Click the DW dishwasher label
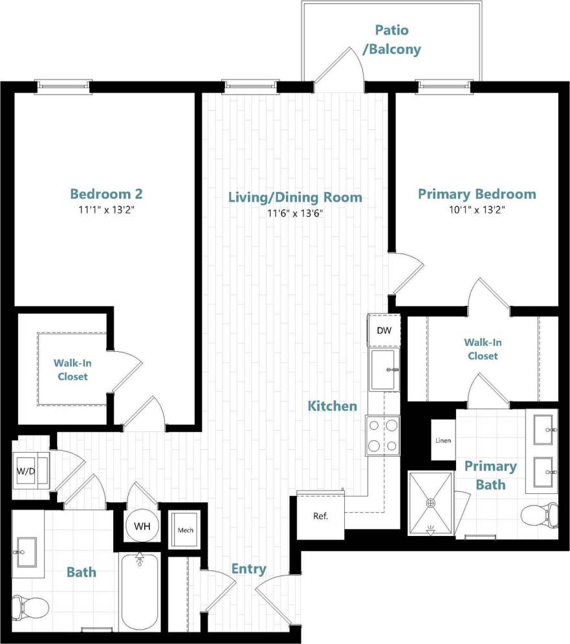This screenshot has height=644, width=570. pos(384,331)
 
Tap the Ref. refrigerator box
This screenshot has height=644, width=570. pos(320,517)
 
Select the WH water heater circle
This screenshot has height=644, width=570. pos(142,526)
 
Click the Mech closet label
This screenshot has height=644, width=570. pos(185,530)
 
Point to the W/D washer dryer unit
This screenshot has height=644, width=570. pos(26,470)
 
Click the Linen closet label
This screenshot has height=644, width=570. pos(444,441)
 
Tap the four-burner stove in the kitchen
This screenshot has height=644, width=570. pos(383,435)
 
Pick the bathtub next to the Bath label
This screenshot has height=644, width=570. pos(140,592)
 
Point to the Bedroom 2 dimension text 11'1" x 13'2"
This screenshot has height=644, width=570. pos(106,209)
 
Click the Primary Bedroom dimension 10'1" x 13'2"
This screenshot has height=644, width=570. pos(477,209)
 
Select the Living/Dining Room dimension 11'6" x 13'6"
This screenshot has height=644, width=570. pos(294,213)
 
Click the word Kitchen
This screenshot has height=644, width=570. pos(332,406)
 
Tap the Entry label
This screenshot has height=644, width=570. pos(248,569)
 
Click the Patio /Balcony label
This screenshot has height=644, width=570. pos(391,39)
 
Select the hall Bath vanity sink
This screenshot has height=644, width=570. pos(27,553)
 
